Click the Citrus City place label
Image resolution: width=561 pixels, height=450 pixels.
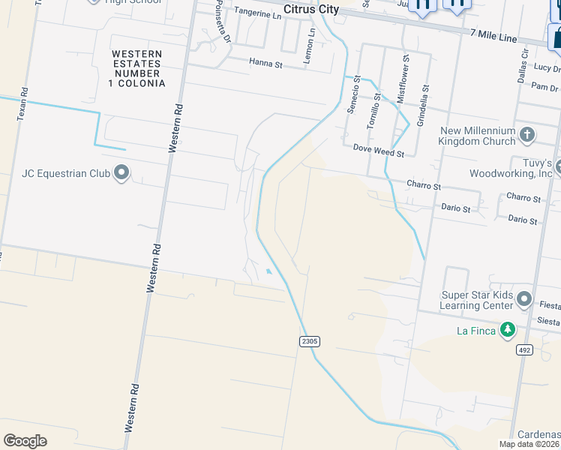310,9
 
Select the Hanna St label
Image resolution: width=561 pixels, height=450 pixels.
266,64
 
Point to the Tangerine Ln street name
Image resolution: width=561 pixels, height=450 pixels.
257,12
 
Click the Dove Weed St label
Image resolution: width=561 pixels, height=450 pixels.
379,151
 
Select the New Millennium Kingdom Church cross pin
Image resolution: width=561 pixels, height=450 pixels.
527,135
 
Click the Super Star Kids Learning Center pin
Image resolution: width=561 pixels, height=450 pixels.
524,300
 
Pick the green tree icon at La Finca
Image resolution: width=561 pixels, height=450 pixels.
508,329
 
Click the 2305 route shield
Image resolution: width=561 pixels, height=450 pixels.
310,341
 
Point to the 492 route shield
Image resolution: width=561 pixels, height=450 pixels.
525,349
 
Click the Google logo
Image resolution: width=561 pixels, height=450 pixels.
25,440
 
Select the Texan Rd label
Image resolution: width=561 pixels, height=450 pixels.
22,105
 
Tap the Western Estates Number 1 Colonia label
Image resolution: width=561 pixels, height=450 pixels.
136,69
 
